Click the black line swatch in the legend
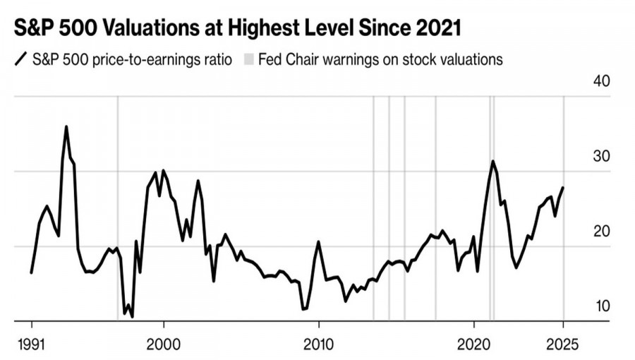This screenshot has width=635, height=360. click(x=20, y=59)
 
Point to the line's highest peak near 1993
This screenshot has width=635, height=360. click(x=66, y=127)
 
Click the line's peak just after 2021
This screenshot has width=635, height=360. click(x=492, y=161)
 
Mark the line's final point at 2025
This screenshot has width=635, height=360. click(x=563, y=188)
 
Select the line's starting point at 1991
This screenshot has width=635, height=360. click(x=32, y=272)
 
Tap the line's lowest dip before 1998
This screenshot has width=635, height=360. click(x=132, y=316)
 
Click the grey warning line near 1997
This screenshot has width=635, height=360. click(x=117, y=212)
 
